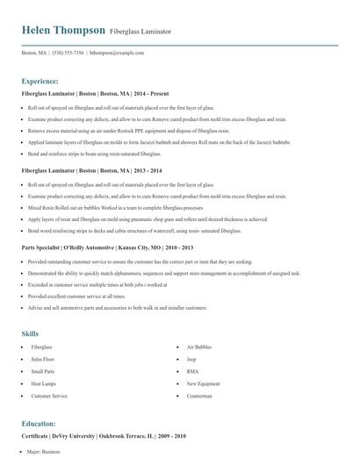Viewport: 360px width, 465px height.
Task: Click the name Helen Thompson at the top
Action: click(x=62, y=31)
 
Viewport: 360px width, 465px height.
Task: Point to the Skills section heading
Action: click(x=30, y=333)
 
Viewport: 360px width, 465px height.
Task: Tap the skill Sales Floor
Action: click(x=43, y=360)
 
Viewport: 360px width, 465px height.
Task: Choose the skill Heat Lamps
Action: click(x=43, y=383)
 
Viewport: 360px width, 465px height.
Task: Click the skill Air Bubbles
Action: click(x=198, y=347)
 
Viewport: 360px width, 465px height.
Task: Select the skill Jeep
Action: click(x=191, y=360)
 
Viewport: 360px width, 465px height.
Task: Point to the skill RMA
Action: click(x=191, y=372)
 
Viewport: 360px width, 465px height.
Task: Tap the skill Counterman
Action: click(x=198, y=396)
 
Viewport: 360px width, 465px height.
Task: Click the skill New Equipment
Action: click(x=203, y=383)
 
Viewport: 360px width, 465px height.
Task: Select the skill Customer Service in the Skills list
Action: click(x=49, y=396)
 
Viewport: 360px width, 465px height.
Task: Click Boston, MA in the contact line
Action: click(x=33, y=53)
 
